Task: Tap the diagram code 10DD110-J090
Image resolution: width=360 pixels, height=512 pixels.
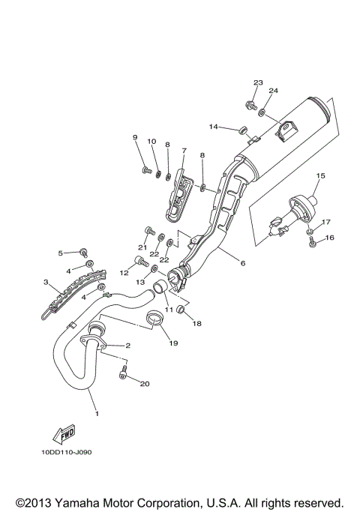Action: tap(68, 452)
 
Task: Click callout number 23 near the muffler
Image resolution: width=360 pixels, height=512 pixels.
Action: tap(257, 82)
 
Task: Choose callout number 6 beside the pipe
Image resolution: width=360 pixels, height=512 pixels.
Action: tap(242, 264)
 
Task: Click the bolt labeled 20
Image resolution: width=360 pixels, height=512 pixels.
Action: tap(124, 379)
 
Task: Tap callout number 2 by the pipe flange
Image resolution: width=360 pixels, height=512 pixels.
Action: tap(127, 346)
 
